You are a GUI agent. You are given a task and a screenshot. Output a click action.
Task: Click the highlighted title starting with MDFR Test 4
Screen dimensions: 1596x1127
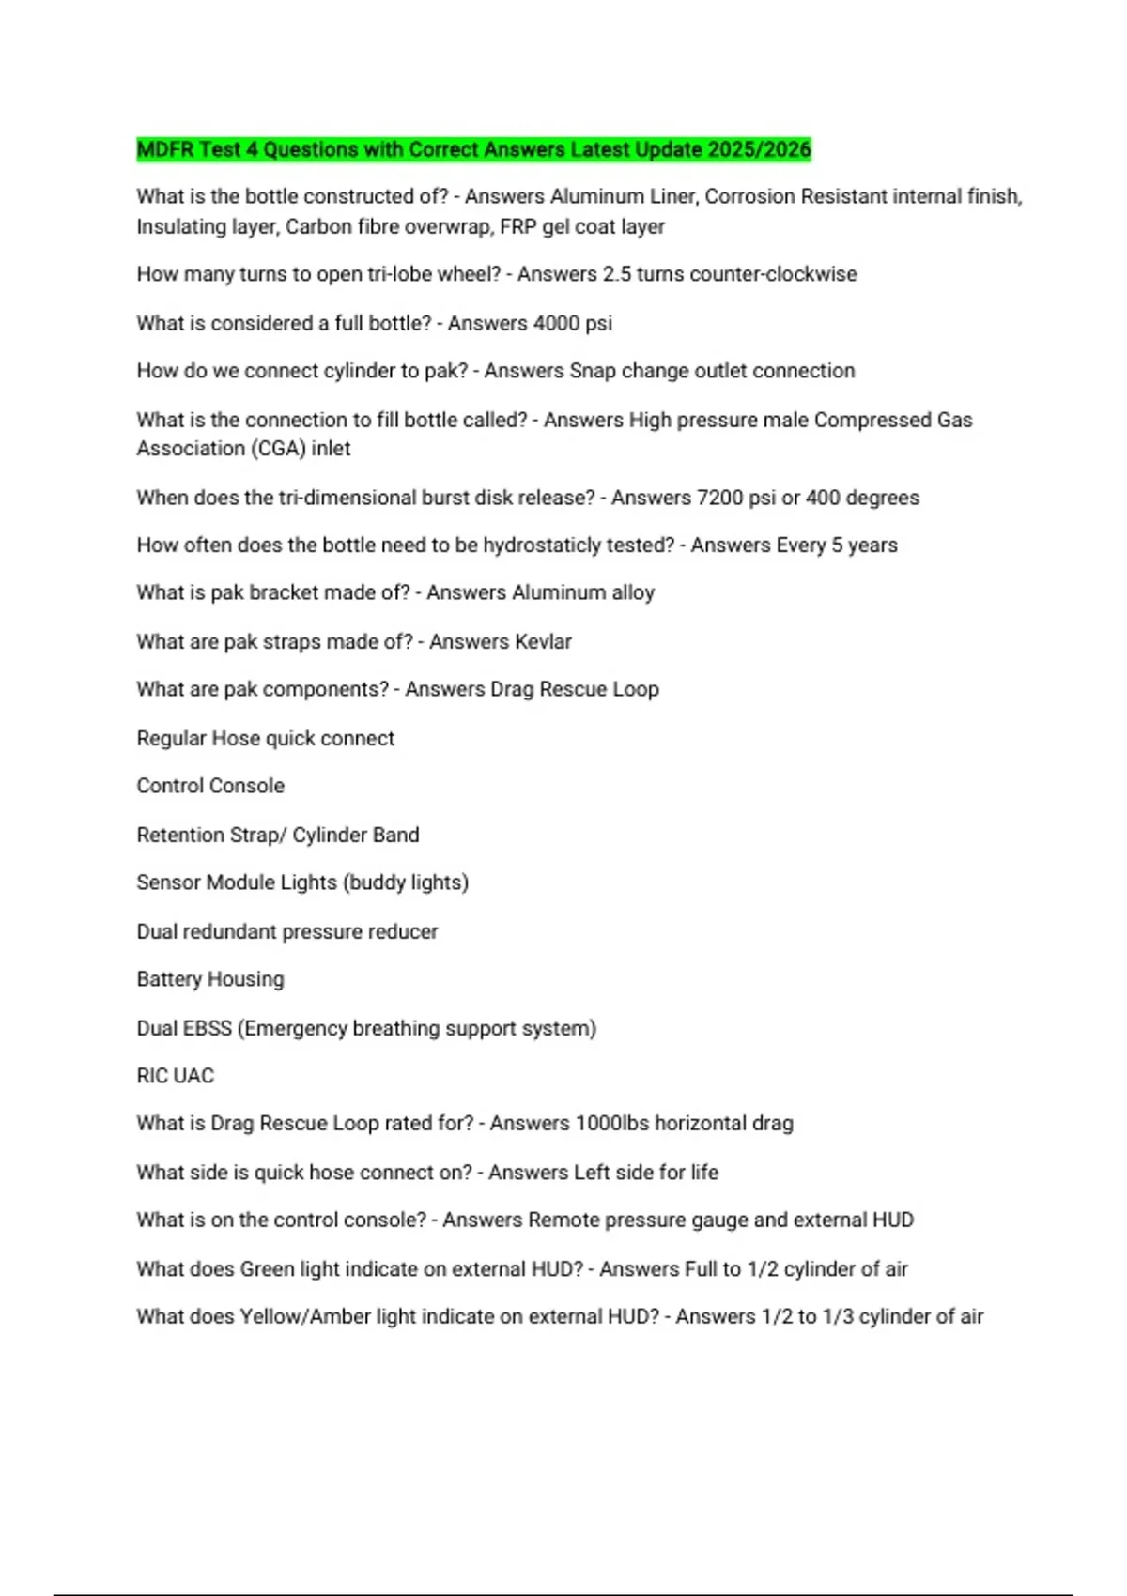[473, 149]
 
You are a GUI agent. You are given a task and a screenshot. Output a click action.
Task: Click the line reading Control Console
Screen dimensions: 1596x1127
[210, 786]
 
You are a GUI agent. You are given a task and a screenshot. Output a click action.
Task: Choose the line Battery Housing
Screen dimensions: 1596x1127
[210, 979]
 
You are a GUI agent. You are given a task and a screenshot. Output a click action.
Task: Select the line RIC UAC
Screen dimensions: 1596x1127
[176, 1076]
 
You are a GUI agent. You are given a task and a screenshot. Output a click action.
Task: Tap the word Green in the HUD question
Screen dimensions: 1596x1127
[267, 1269]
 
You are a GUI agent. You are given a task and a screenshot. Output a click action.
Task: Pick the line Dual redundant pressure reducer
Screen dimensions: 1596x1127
[287, 931]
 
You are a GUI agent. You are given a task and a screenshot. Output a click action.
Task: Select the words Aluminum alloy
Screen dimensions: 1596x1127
[582, 593]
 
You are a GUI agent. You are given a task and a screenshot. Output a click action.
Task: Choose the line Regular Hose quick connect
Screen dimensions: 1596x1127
[266, 738]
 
